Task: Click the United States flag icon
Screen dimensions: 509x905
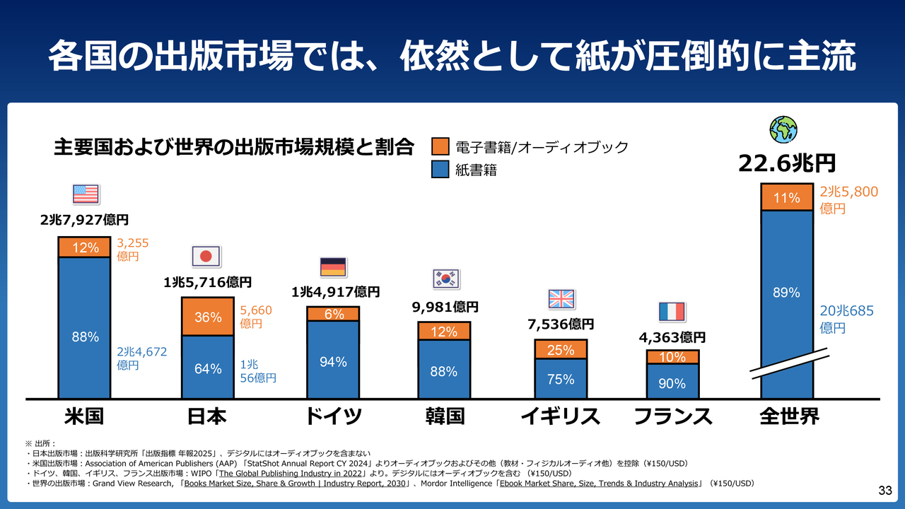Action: tap(86, 194)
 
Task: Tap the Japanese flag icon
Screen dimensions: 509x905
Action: tap(206, 256)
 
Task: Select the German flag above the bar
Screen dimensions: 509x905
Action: tap(332, 267)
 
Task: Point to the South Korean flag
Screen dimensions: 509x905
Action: tap(445, 279)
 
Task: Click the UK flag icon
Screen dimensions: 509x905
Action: tap(562, 299)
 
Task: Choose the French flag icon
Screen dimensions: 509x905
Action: tap(672, 311)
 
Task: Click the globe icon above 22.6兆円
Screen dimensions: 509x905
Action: tap(783, 129)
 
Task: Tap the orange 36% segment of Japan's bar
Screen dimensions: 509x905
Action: tap(208, 317)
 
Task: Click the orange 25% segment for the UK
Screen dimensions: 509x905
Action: tap(561, 349)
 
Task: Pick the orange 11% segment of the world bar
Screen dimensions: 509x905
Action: tap(786, 197)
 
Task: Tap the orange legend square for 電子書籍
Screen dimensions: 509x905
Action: tap(440, 147)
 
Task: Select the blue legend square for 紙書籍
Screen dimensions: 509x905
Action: tap(440, 170)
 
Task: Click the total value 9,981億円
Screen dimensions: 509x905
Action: tap(445, 307)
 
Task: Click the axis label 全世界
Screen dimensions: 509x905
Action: tap(789, 416)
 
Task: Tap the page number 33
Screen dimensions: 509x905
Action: tap(884, 491)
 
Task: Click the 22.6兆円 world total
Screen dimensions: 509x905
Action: tap(786, 163)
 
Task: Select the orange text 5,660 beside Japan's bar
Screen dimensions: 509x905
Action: tap(256, 310)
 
